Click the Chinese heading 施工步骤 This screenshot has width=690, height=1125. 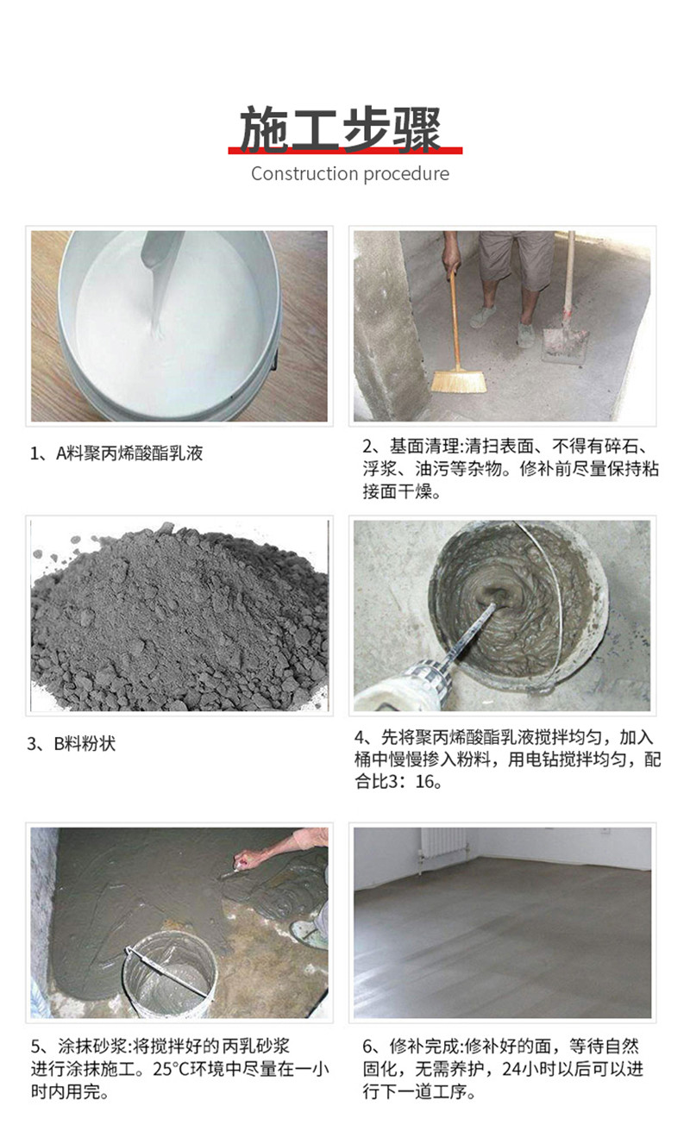pos(341,128)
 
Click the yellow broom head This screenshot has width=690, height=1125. pos(459,381)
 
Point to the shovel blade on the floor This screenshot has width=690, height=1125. pos(564,345)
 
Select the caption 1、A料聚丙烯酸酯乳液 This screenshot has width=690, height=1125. pos(116,453)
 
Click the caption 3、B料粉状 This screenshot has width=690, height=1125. pos(72,743)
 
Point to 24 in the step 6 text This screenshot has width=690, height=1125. pos(512,1069)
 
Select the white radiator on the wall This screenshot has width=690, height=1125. pos(442,851)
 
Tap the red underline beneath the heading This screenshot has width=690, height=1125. pos(345,150)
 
